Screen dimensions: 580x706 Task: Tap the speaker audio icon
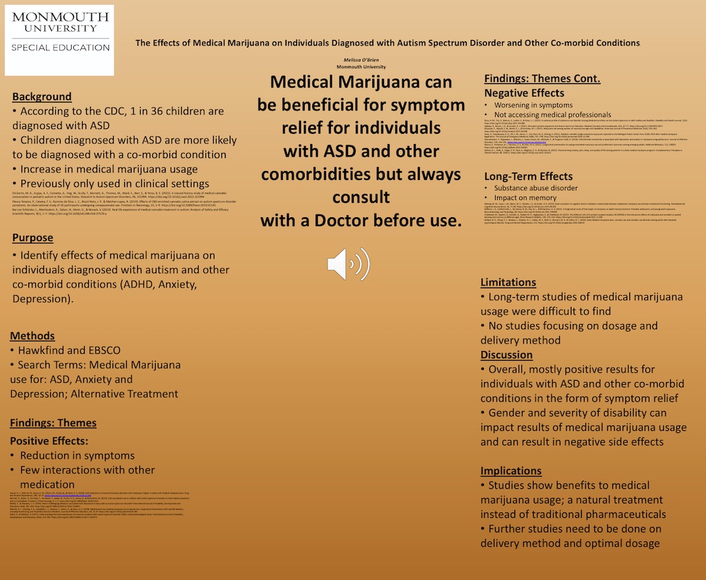(348, 264)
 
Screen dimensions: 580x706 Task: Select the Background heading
(41, 97)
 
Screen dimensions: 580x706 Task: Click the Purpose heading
(32, 238)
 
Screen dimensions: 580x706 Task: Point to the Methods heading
(32, 336)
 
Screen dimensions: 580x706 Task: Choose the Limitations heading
(508, 282)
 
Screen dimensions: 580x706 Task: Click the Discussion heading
(507, 354)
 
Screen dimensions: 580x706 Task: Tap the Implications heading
(511, 471)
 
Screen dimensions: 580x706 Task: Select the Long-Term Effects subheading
(528, 176)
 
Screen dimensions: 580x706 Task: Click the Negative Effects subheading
(524, 93)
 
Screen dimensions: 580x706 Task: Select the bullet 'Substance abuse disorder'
(536, 188)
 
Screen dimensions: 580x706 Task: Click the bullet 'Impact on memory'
(525, 198)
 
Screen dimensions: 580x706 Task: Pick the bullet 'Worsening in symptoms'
(533, 105)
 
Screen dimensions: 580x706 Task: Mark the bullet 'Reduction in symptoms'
(77, 455)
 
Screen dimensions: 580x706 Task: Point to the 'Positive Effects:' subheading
(49, 440)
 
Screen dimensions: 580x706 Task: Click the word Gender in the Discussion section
(508, 412)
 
